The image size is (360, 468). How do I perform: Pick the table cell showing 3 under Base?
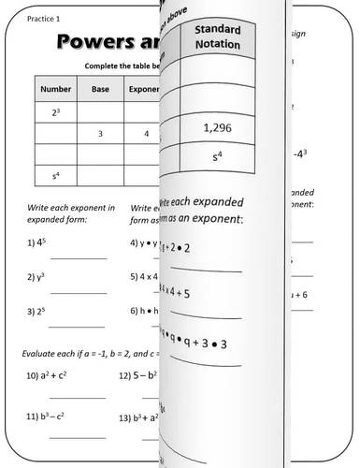click(99, 133)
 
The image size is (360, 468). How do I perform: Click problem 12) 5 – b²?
click(137, 376)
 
